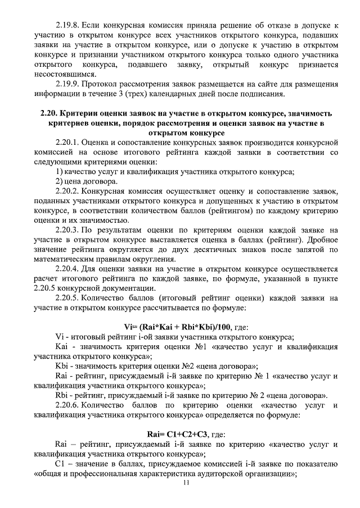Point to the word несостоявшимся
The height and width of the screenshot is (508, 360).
click(65, 74)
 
